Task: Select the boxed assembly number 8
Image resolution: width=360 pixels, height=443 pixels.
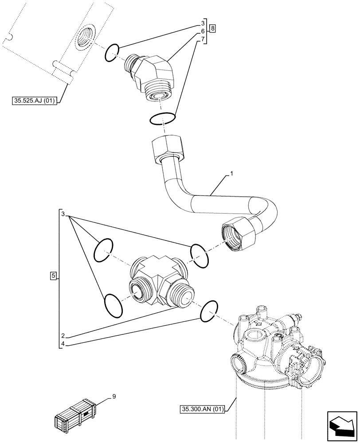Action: click(x=213, y=29)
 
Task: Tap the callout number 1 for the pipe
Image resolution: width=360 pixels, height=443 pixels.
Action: click(x=231, y=176)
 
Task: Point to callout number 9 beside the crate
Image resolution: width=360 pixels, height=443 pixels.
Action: click(x=114, y=397)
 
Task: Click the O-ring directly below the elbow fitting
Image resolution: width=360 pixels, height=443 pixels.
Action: click(x=162, y=118)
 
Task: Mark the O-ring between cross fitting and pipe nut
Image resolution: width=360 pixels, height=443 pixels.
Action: click(x=199, y=256)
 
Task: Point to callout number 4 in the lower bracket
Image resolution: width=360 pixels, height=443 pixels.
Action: click(x=63, y=344)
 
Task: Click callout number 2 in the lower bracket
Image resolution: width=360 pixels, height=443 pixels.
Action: click(x=63, y=335)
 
